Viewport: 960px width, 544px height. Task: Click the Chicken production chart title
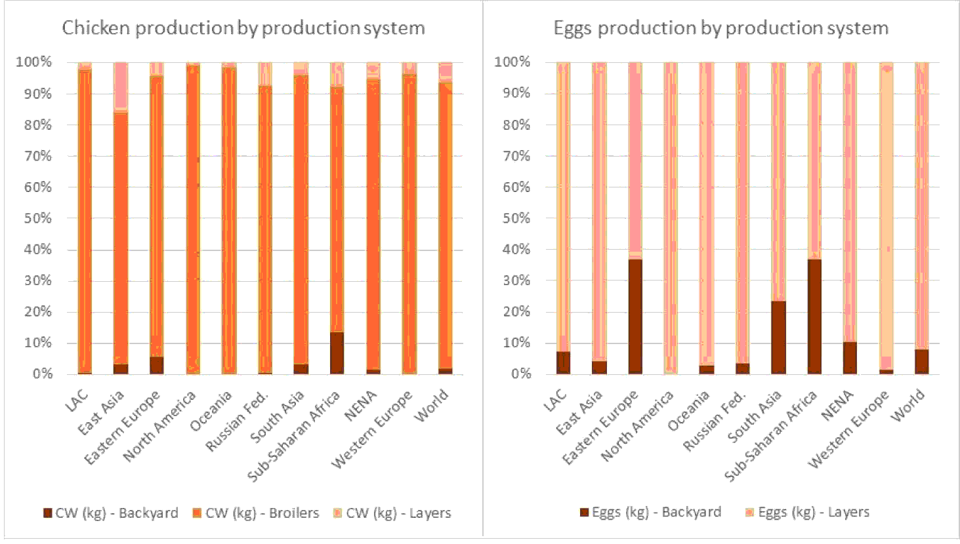point(243,28)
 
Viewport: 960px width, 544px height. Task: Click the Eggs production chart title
point(720,28)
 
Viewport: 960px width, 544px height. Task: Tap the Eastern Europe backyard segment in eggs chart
point(635,317)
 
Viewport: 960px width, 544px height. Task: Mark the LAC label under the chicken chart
point(78,401)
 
